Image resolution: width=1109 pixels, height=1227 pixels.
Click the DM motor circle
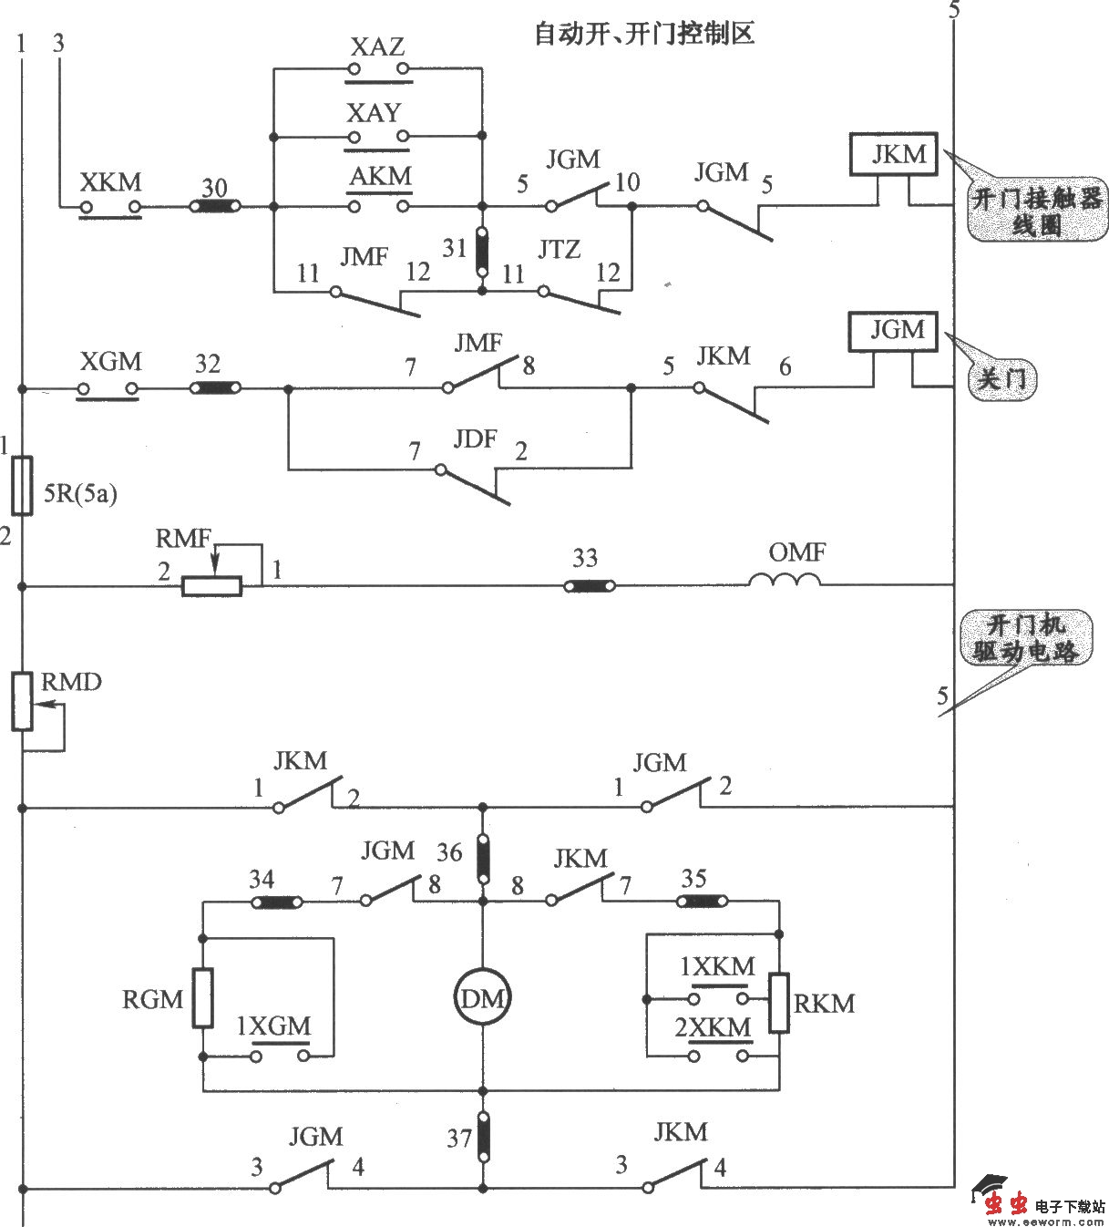tap(482, 998)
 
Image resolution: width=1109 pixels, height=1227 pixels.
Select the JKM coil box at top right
tap(898, 154)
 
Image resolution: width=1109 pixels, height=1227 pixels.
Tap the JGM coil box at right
tap(898, 331)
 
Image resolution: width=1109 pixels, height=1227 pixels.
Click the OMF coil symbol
tap(785, 581)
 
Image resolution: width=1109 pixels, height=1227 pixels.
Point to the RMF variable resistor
tap(211, 586)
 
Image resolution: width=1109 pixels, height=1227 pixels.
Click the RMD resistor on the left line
tap(23, 701)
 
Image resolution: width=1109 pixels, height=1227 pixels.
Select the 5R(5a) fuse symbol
tap(23, 485)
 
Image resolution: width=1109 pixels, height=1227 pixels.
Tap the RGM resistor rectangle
tap(202, 999)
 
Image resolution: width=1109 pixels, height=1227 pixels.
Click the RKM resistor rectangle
tap(778, 1003)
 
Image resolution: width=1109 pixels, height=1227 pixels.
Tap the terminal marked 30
tap(215, 208)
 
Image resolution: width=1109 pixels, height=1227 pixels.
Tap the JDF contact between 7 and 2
tap(471, 482)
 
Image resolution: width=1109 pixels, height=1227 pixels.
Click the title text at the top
tap(643, 35)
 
